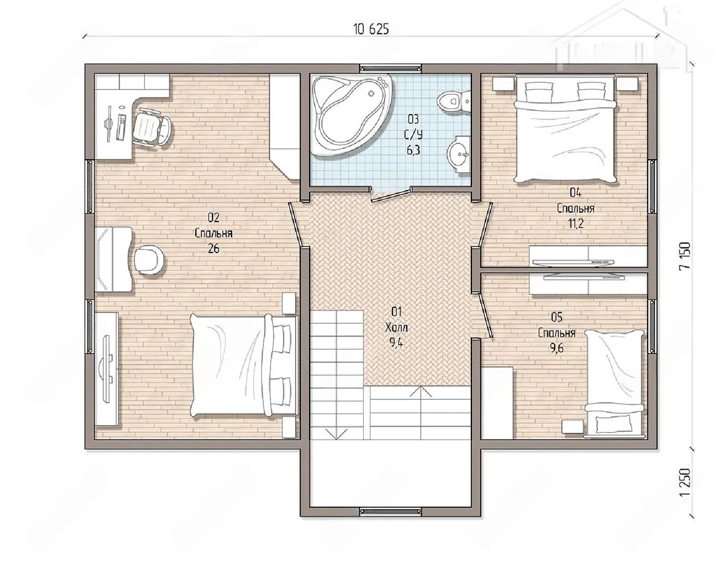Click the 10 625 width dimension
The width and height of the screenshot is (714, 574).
coord(371,29)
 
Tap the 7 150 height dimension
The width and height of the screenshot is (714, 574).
coord(684,255)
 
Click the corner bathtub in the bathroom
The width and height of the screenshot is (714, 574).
coord(351,114)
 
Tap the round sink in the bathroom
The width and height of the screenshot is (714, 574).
coord(459,154)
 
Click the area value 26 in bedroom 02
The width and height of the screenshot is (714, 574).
coord(213,248)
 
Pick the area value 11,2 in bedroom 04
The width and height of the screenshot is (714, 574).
coord(576,223)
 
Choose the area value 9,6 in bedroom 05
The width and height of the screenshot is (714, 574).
coord(557,348)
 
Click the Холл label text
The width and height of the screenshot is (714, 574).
coord(397,327)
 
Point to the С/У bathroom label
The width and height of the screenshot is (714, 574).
coord(413,134)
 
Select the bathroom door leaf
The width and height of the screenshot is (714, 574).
coord(390,196)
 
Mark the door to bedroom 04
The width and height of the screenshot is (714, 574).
coord(485,225)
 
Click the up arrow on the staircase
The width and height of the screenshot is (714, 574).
coord(421,392)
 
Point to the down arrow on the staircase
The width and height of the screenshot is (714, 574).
coord(336,433)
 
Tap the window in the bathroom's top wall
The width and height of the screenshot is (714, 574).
coord(391,69)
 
